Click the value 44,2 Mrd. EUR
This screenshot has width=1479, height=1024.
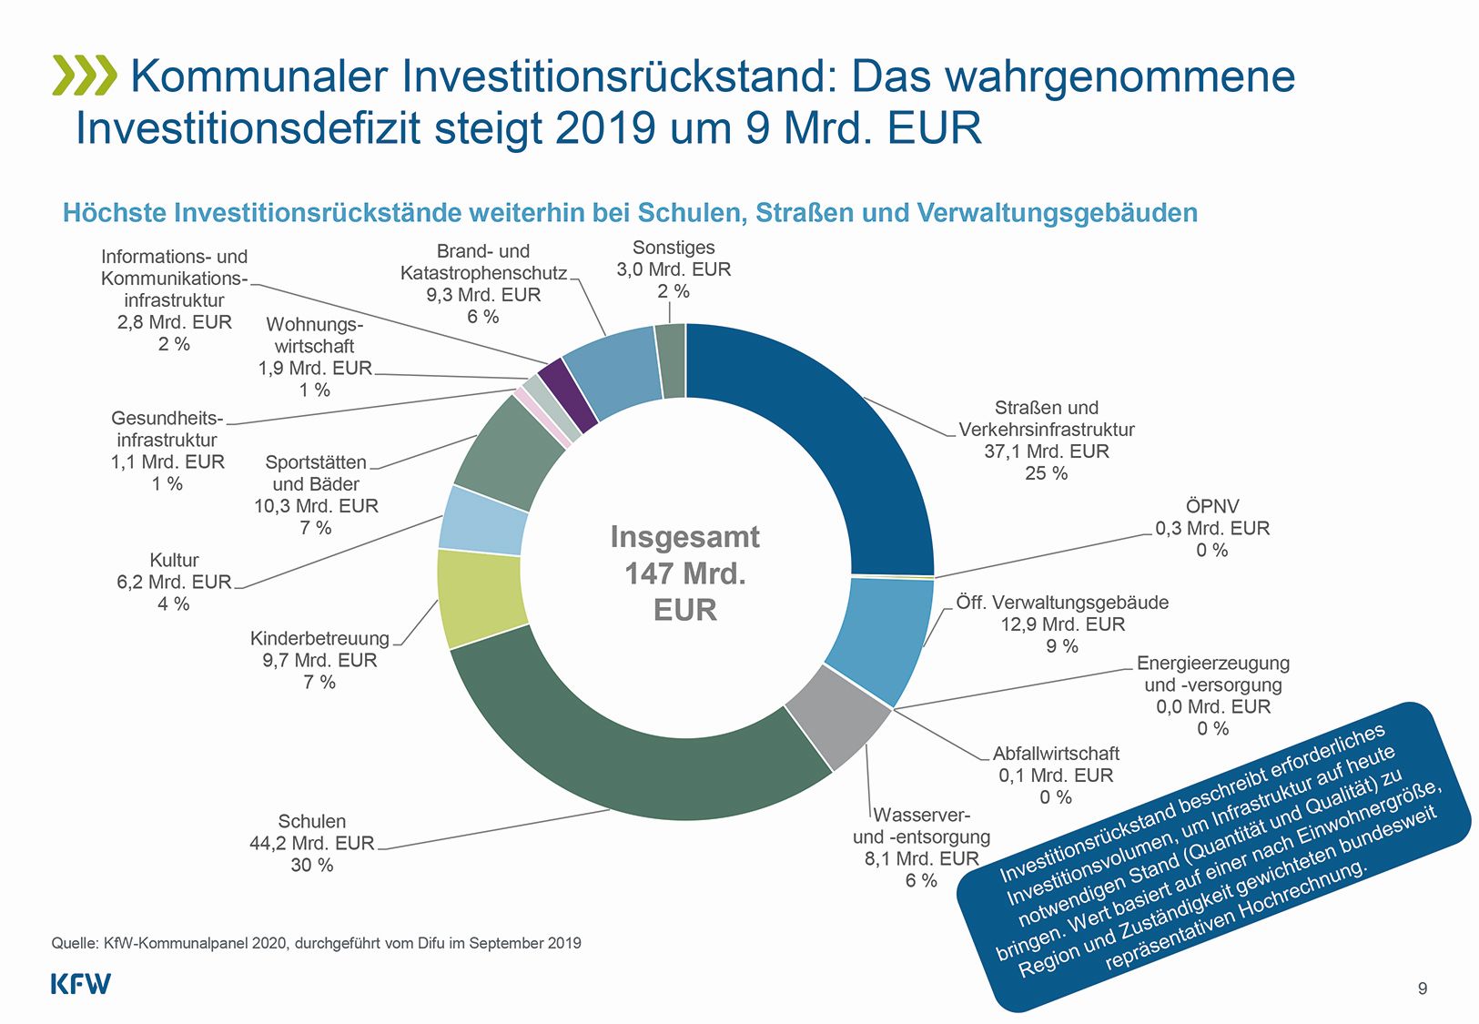point(311,844)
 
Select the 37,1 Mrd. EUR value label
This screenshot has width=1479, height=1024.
point(1046,451)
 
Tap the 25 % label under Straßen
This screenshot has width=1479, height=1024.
point(1046,473)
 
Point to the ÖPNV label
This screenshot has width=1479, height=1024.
point(1211,506)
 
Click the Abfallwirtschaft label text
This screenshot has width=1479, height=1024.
point(1056,754)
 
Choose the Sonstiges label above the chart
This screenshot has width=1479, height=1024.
point(674,248)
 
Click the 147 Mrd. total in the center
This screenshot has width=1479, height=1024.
point(684,574)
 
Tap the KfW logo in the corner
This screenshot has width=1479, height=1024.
point(80,984)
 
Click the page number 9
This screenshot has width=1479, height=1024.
point(1423,989)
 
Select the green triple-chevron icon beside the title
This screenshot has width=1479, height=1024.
point(85,76)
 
